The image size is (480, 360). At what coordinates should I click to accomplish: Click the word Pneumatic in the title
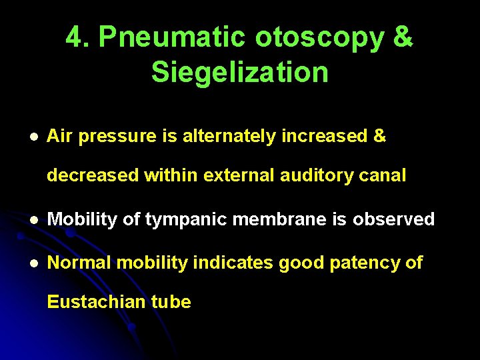coord(171,38)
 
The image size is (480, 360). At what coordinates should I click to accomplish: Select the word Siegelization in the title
coord(240,72)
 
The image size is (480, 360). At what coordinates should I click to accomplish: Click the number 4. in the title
coord(79,38)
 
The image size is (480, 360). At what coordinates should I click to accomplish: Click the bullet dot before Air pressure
coord(32,137)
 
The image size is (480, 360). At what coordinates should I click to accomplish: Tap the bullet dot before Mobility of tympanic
coord(32,219)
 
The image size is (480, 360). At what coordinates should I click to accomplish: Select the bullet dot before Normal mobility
coord(32,263)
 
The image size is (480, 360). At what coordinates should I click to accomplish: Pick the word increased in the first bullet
coord(323,137)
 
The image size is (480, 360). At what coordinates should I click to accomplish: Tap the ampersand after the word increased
coord(380,137)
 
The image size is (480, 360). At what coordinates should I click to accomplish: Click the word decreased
coord(89,175)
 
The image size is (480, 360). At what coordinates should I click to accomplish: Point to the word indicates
coord(233,263)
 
